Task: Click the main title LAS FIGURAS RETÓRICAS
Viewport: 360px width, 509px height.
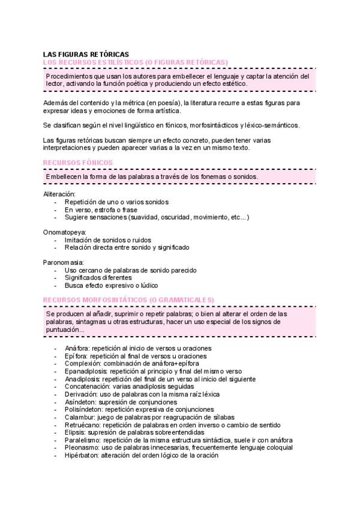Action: (86, 55)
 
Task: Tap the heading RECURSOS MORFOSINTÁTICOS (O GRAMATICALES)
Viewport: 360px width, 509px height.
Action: (129, 300)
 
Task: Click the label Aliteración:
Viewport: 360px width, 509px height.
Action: (59, 194)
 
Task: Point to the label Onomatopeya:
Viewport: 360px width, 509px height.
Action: (65, 232)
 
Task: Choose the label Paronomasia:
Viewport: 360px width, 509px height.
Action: (64, 262)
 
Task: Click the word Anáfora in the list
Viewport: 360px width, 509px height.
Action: (77, 348)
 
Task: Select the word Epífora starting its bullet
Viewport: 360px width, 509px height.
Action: (76, 356)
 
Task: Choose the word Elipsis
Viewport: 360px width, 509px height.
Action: (75, 432)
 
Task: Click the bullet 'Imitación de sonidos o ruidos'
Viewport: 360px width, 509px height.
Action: (108, 239)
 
